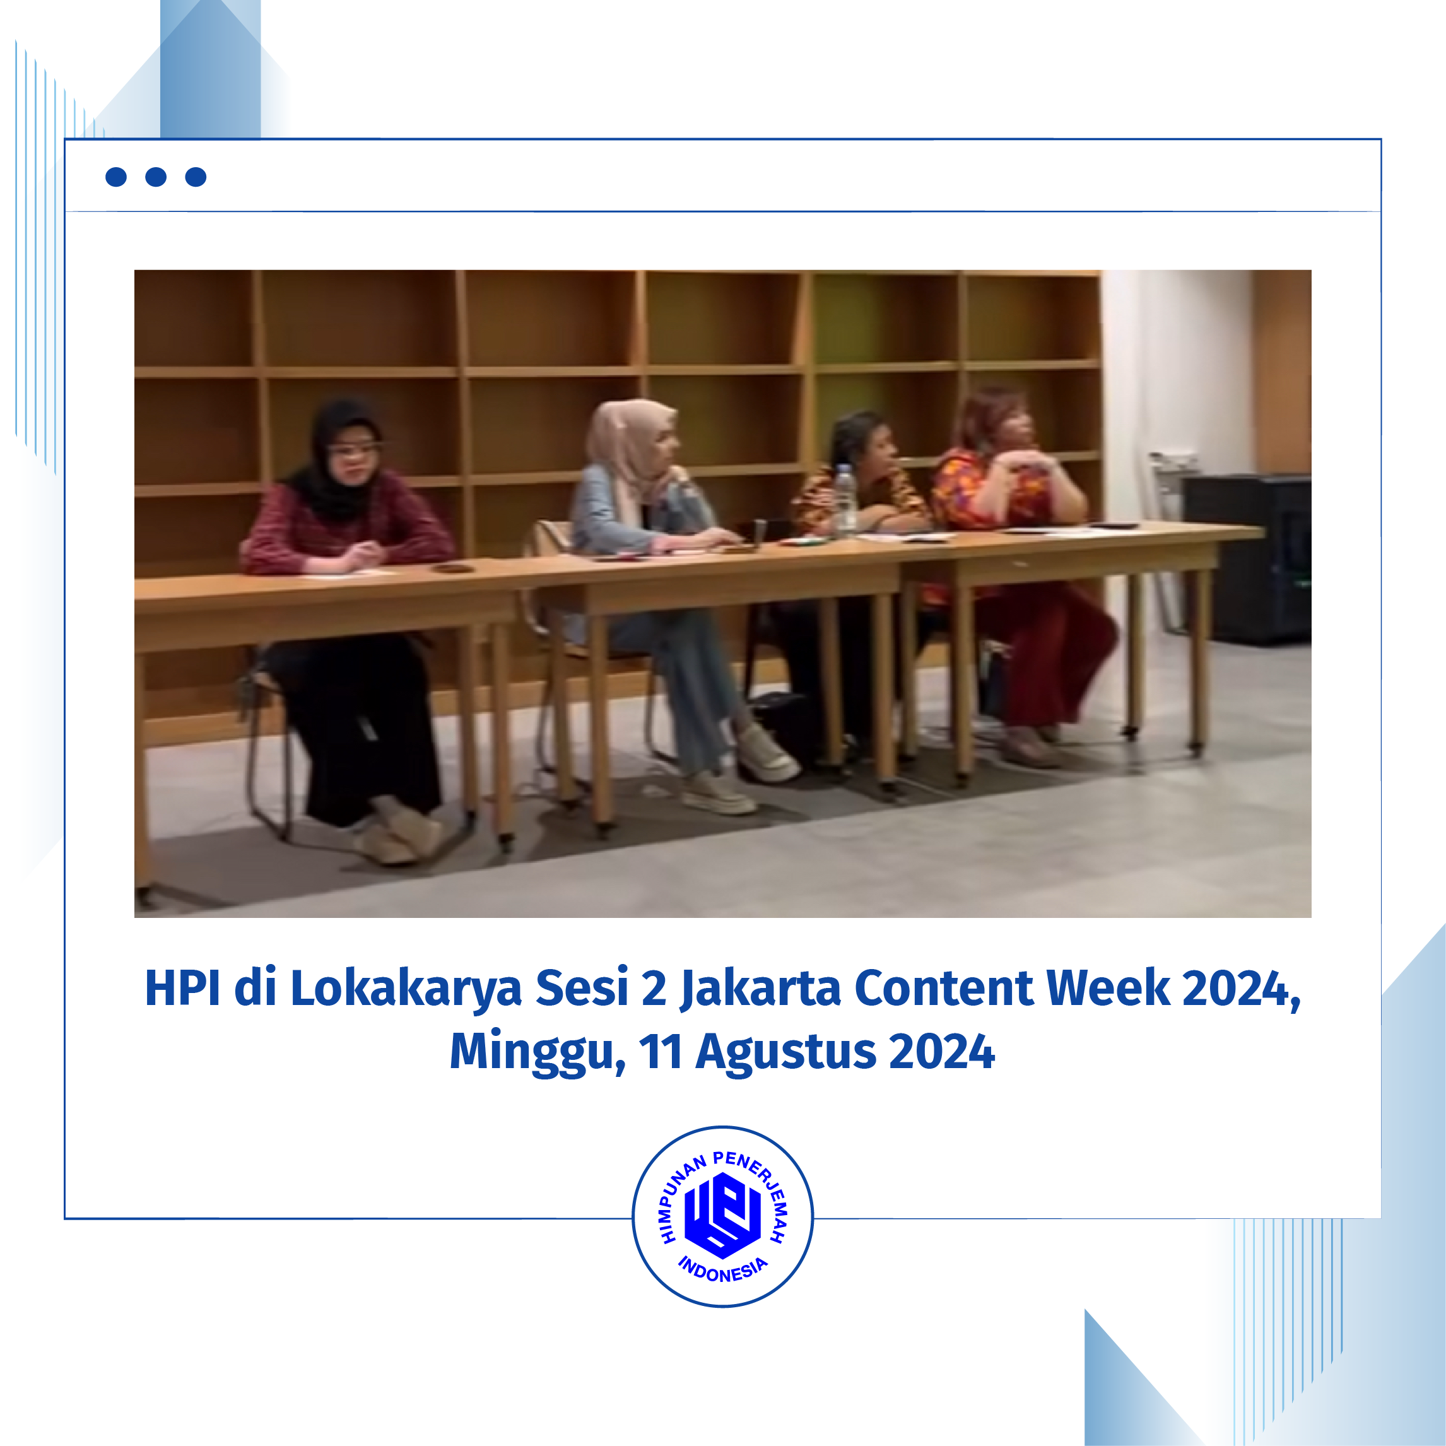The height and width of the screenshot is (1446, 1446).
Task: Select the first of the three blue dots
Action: coord(116,177)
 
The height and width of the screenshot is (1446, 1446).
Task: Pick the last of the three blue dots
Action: coord(196,177)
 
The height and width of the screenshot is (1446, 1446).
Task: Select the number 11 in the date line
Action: coord(660,1052)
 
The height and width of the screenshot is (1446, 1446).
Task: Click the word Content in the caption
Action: coord(944,988)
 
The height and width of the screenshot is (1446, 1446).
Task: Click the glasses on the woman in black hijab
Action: coord(353,450)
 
